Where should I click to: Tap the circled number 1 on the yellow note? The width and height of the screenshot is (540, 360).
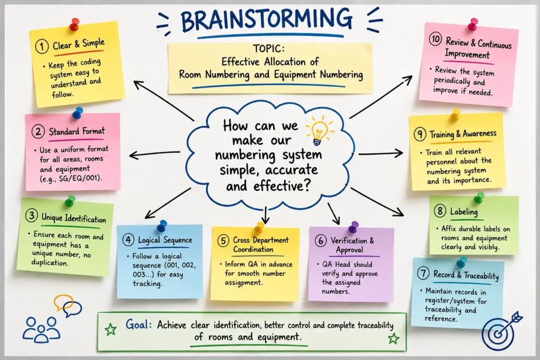click(42, 46)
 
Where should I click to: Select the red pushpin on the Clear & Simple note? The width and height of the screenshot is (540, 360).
click(74, 25)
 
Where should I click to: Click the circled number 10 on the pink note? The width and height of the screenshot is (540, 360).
click(435, 39)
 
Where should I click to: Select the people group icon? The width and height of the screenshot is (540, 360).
click(41, 330)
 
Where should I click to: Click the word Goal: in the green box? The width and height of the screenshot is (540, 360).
click(139, 324)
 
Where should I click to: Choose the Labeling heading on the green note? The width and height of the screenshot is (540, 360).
click(464, 211)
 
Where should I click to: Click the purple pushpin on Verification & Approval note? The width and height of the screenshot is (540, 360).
click(353, 227)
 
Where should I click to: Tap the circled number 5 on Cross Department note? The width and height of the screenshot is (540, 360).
click(223, 240)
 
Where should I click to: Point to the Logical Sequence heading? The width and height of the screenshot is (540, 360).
click(165, 240)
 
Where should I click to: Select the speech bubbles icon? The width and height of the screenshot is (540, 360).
click(68, 305)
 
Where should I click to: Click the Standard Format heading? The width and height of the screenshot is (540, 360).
click(76, 131)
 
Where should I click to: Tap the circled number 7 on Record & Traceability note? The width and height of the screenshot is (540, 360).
click(423, 274)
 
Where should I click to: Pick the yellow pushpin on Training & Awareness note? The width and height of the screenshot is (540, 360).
click(455, 114)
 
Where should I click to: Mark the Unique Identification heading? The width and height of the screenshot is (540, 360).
click(74, 218)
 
